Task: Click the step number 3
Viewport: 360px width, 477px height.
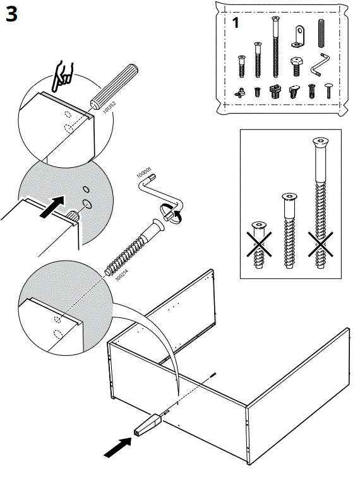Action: pyautogui.click(x=16, y=16)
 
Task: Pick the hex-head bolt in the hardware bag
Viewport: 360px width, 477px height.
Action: pyautogui.click(x=296, y=64)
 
